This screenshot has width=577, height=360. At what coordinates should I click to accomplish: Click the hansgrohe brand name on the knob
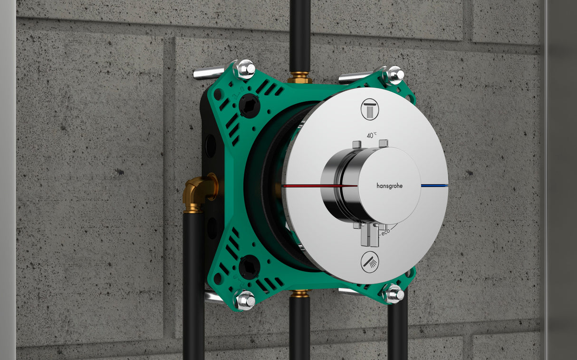point(389,186)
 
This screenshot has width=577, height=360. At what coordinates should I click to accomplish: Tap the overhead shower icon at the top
point(370,109)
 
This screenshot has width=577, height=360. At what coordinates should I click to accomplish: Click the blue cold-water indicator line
point(434,185)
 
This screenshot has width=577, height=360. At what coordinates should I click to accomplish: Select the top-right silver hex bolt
point(394,75)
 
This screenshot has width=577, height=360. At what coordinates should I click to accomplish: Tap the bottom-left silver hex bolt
point(245,300)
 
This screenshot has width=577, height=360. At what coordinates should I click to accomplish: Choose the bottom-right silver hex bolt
point(393,294)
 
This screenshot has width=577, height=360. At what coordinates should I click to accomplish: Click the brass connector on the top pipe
point(300,78)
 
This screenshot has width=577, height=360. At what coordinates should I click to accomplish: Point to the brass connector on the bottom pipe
point(300,293)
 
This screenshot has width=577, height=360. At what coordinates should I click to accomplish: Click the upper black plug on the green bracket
point(249,105)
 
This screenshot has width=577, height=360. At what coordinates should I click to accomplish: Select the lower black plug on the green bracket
point(249,267)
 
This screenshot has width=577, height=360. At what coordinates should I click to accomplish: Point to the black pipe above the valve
point(300,33)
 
